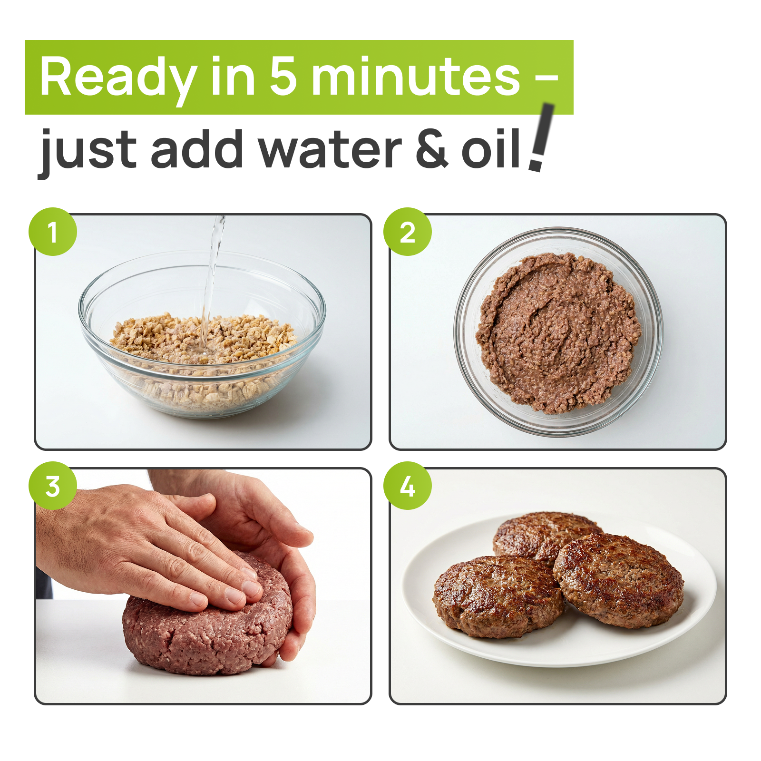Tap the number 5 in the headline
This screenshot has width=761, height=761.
point(283,76)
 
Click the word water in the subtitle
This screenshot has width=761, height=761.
point(330,150)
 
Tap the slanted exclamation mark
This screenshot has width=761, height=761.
point(542,138)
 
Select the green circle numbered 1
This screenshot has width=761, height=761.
point(53,232)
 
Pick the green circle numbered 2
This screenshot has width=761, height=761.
point(408,232)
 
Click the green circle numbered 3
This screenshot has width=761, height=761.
point(53,486)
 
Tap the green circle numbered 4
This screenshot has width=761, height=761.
point(408,486)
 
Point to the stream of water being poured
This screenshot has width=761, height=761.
point(212,276)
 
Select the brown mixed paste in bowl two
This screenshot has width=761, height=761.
point(559,333)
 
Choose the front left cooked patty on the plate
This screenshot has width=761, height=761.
point(495,597)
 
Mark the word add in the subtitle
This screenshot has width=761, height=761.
point(197,150)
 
